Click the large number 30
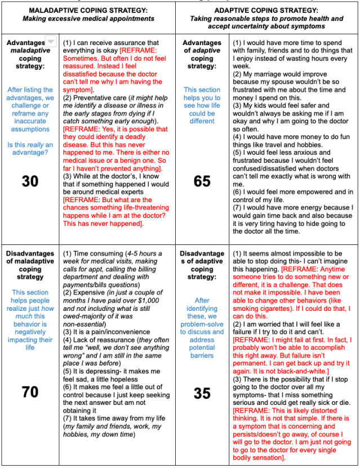(x=30, y=180)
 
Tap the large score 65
(x=202, y=180)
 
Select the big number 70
(x=30, y=391)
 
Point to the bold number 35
(x=202, y=393)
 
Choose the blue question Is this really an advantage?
(x=30, y=149)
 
